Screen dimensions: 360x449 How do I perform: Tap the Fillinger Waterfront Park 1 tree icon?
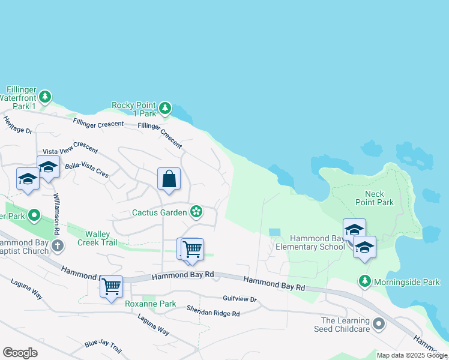point(45,97)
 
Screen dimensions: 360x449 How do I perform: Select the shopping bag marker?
point(169,179)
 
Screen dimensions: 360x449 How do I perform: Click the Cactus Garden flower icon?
point(196,211)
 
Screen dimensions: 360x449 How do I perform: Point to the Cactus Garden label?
point(160,212)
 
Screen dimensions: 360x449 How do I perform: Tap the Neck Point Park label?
point(379,198)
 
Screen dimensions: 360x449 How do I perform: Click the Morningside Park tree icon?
point(364,281)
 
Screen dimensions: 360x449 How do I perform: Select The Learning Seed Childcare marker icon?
point(378,325)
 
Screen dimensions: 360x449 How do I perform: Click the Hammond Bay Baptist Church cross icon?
point(57,245)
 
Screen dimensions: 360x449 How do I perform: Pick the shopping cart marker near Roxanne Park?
point(111,286)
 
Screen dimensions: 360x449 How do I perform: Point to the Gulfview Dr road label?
point(240,299)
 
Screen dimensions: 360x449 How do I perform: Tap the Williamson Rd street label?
point(56,214)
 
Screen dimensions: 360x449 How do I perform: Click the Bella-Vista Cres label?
point(87,170)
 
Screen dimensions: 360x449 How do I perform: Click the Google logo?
point(20,353)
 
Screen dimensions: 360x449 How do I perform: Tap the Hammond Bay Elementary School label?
point(310,242)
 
